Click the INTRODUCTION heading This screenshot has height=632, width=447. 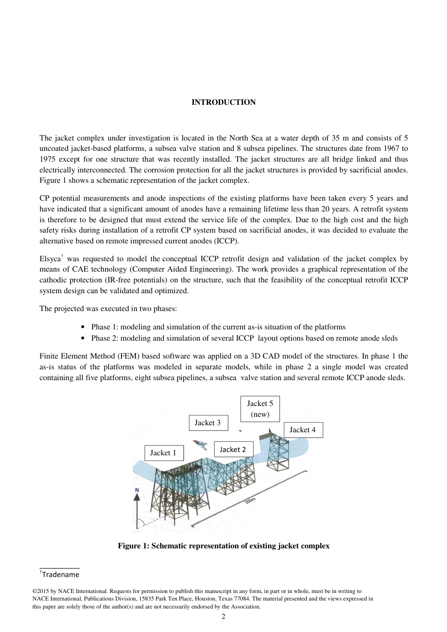(x=223, y=102)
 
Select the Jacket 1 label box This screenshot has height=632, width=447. (x=163, y=453)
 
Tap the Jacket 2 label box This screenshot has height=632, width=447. (x=233, y=450)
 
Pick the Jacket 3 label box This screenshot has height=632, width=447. (x=208, y=423)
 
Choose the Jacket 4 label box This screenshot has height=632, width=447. (x=303, y=430)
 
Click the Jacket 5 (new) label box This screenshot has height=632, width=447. (x=260, y=409)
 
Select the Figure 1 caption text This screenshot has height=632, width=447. (x=223, y=546)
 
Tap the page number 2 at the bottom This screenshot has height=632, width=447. (x=223, y=616)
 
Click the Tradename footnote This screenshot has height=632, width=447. (x=60, y=575)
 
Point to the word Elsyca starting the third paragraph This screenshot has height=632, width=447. (x=50, y=259)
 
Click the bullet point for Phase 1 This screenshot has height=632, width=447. (x=83, y=327)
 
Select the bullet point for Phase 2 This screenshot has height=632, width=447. (x=83, y=338)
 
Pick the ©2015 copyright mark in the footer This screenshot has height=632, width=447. (x=41, y=591)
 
